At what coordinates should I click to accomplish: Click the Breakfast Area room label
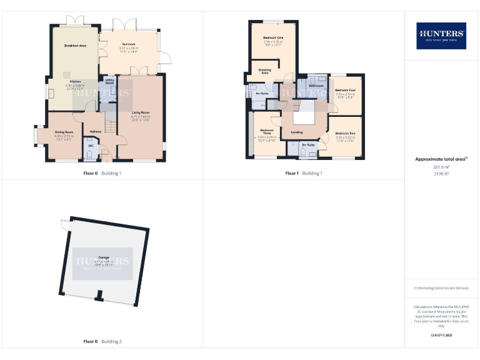click(x=74, y=46)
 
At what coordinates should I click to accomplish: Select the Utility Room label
click(x=109, y=81)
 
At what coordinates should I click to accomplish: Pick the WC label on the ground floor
click(x=91, y=146)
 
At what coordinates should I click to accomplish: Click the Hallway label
click(x=95, y=132)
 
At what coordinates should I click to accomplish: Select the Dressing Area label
click(x=264, y=71)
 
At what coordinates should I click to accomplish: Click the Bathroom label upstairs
click(x=316, y=86)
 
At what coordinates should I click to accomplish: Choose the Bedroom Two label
click(x=345, y=134)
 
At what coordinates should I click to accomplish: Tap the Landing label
click(x=297, y=132)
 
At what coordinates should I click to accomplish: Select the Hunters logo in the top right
click(x=441, y=36)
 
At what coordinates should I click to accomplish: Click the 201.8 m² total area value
click(x=441, y=167)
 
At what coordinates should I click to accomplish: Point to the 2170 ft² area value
click(x=441, y=174)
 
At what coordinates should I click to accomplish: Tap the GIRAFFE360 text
click(x=441, y=336)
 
